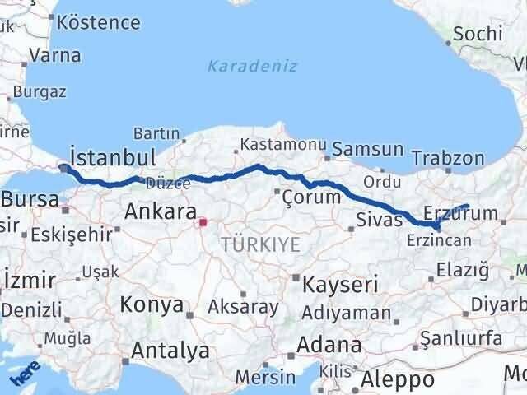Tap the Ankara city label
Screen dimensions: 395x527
[158, 211]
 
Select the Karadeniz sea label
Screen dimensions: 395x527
[252, 66]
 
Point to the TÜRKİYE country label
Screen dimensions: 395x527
[260, 244]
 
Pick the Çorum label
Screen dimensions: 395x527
[311, 197]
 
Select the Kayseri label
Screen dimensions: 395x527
[340, 286]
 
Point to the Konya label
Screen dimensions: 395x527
[151, 304]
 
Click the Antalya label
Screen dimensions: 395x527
[170, 351]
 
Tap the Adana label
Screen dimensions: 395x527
[329, 345]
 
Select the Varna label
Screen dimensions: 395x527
[54, 56]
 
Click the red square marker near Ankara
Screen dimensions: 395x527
[203, 221]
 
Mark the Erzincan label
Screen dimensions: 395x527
[439, 239]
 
